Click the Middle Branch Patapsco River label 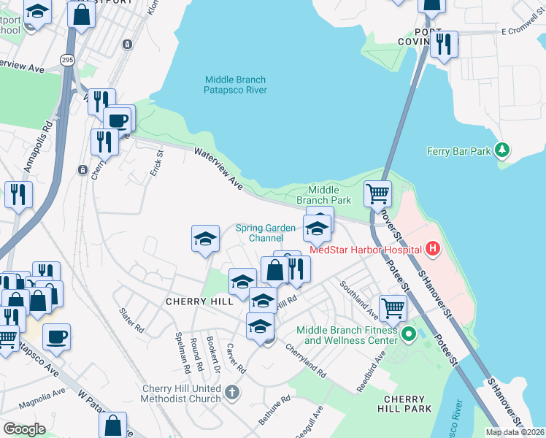coord(235,85)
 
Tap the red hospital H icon coord(433,249)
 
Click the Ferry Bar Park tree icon coord(501,151)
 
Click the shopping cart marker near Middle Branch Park coord(377,194)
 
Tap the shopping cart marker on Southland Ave coord(393,308)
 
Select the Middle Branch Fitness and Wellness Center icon coord(408,336)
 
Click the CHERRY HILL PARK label coord(404,405)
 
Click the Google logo coord(25,429)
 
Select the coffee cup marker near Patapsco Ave coord(56,337)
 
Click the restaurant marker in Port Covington coord(443,45)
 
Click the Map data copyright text coord(515,432)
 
